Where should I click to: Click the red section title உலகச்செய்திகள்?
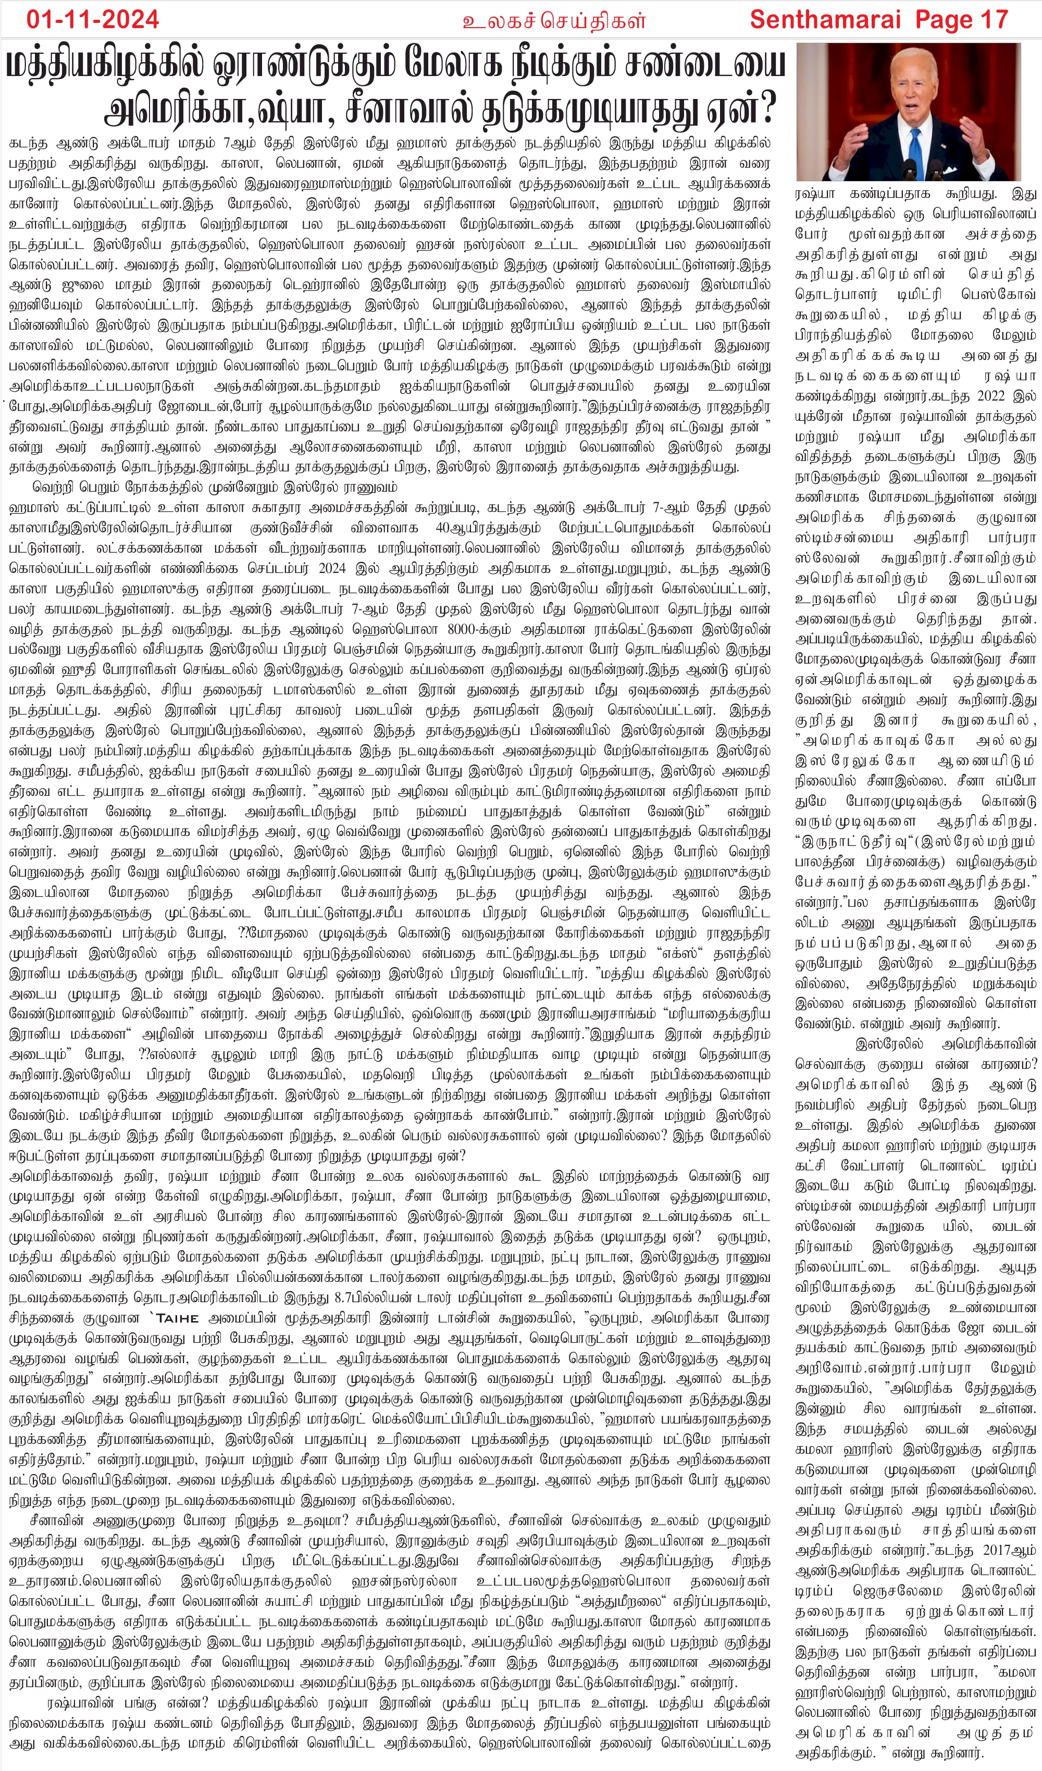click(553, 20)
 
